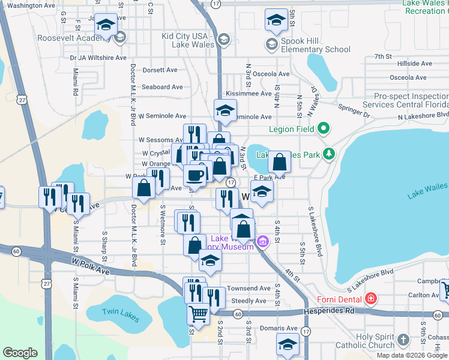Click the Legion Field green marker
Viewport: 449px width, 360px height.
tap(324, 128)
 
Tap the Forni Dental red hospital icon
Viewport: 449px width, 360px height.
tap(371, 299)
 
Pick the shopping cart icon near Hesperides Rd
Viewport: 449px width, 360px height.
tap(198, 313)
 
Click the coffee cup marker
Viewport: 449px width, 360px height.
tap(194, 175)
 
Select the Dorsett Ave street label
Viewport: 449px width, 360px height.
tap(160, 70)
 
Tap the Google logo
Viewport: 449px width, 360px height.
tap(20, 353)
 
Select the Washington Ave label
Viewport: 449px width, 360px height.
tap(32, 5)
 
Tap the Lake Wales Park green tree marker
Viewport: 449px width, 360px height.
tap(328, 154)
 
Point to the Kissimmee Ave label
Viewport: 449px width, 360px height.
tap(249, 94)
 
